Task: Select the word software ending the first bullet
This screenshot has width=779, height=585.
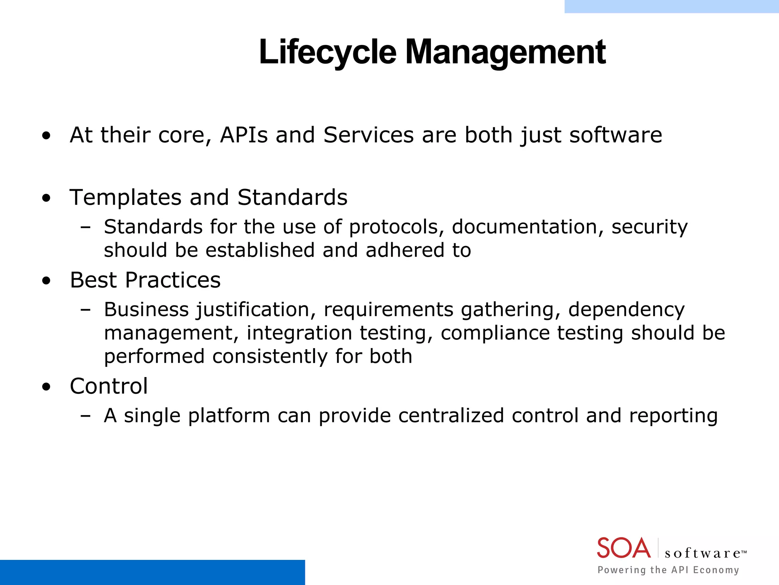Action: click(615, 135)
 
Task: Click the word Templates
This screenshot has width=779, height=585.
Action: click(126, 198)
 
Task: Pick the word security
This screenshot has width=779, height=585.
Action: click(650, 227)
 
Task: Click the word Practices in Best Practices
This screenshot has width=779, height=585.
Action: click(173, 280)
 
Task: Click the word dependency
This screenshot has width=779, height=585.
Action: click(626, 310)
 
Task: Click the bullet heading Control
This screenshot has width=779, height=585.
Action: click(109, 386)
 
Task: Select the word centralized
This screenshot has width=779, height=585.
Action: click(451, 416)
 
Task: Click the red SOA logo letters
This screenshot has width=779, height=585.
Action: click(623, 548)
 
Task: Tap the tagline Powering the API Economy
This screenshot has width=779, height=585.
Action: click(668, 570)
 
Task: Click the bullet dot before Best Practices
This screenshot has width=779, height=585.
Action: click(46, 281)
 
